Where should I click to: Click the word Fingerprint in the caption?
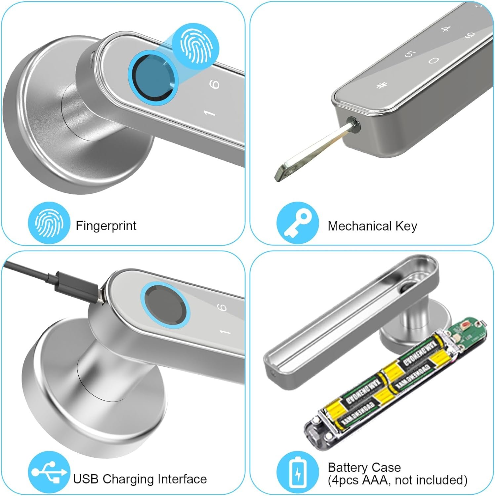106,226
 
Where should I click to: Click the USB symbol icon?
49,472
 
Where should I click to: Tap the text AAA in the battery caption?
375,479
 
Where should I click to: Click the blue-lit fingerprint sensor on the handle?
153,78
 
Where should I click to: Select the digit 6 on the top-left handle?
215,84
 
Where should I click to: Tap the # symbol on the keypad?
382,86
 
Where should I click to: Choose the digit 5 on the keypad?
409,54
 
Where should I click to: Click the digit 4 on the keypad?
446,29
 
